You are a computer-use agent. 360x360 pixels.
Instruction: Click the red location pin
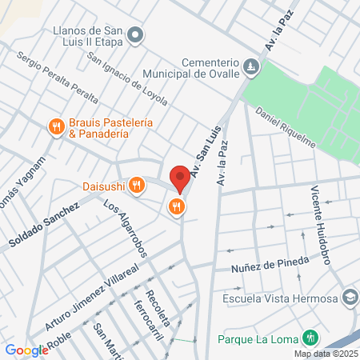click(179, 178)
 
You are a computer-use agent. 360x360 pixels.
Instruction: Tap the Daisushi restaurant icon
click(138, 186)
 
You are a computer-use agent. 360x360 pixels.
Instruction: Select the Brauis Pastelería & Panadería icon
click(55, 126)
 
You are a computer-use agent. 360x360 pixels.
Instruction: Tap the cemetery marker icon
click(252, 66)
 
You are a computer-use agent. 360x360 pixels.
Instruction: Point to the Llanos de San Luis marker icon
click(135, 34)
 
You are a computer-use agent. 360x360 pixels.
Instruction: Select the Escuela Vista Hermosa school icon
click(349, 298)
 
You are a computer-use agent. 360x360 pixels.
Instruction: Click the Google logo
click(26, 350)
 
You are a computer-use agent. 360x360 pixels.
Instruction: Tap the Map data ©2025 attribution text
click(324, 354)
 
